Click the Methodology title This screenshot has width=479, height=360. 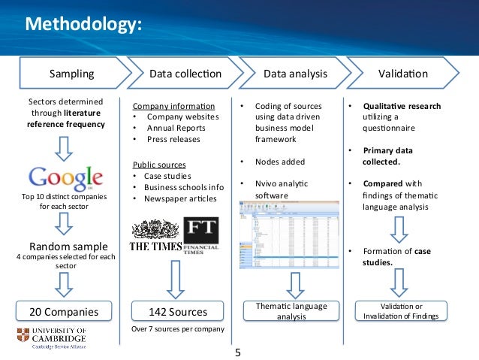[x=83, y=26]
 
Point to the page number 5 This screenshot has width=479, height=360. [x=239, y=351]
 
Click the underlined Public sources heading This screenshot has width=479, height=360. [x=160, y=164]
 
